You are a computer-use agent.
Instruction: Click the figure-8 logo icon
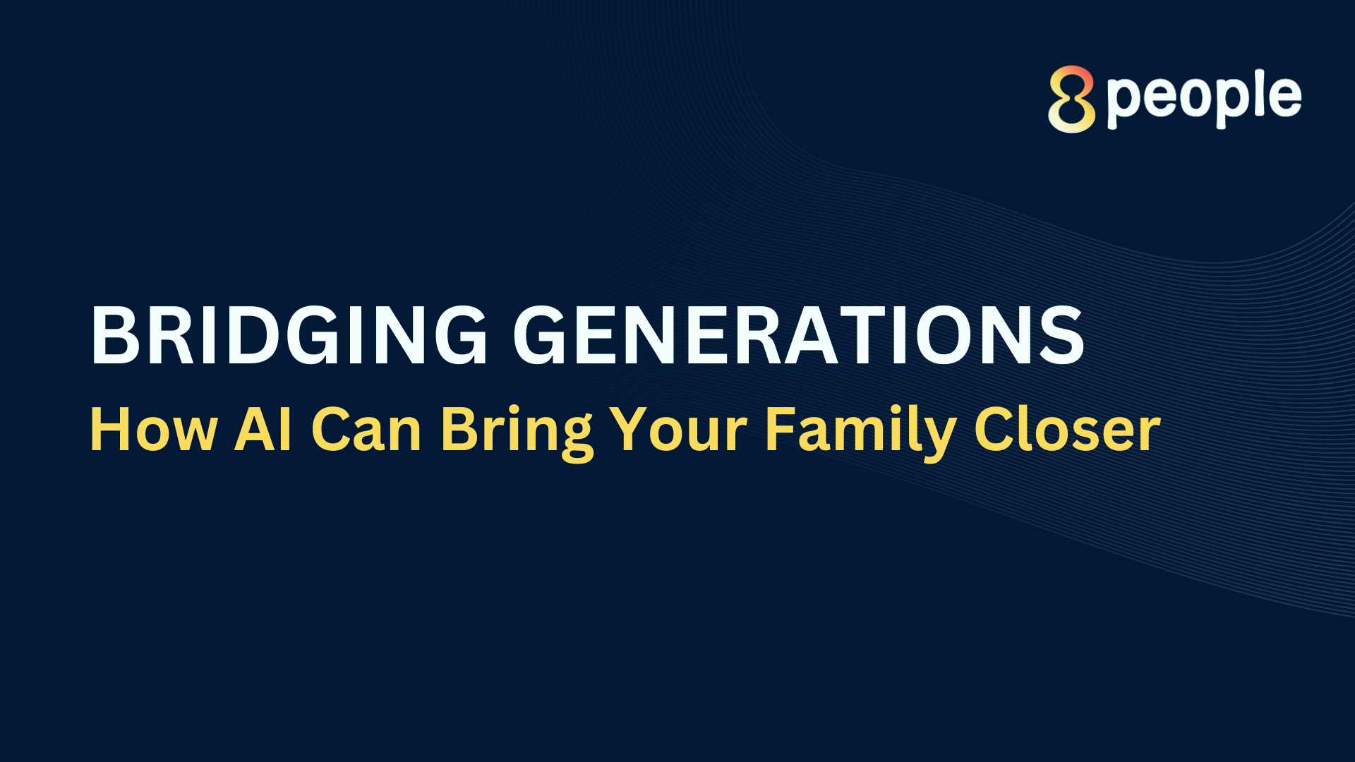(1071, 99)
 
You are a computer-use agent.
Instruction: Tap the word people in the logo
(1204, 100)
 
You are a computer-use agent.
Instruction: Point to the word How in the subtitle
(154, 429)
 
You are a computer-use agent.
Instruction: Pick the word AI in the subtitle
(263, 429)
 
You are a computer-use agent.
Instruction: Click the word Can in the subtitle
(366, 429)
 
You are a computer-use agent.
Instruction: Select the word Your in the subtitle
(678, 429)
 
